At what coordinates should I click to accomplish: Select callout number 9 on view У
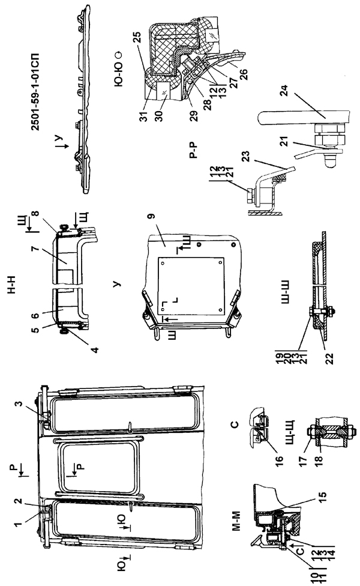tap(163, 228)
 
